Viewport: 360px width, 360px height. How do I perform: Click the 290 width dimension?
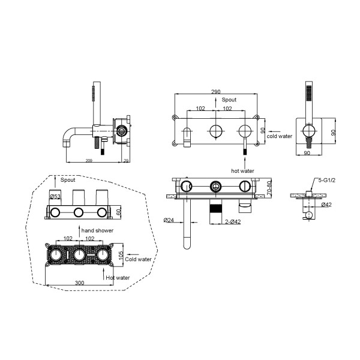(x=215, y=92)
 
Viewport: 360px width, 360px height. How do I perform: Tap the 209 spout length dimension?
(x=89, y=161)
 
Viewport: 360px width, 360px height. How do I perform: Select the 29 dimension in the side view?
(x=126, y=161)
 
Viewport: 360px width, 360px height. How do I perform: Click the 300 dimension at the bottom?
(x=80, y=283)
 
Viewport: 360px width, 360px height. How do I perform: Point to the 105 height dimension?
(x=121, y=255)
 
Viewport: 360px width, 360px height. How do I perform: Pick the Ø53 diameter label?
(x=55, y=197)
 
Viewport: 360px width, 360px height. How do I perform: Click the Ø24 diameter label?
(x=169, y=220)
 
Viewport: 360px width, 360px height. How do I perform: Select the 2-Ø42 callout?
(x=233, y=222)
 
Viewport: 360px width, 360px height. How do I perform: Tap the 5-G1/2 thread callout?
(x=327, y=180)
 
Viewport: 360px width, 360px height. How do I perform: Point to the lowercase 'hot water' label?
(x=242, y=171)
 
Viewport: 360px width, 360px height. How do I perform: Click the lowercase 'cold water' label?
(x=280, y=136)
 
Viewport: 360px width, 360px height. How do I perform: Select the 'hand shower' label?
(x=97, y=230)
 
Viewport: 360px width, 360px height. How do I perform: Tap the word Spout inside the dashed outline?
(x=68, y=180)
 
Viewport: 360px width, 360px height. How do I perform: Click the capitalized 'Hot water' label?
(x=118, y=278)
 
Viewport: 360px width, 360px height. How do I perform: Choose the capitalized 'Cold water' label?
(x=138, y=259)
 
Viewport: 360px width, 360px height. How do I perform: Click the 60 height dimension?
(x=118, y=212)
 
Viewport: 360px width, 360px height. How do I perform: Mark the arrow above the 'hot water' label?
(x=245, y=162)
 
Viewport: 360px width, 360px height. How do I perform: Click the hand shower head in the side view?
(x=94, y=94)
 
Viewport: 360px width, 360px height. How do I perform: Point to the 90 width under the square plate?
(x=307, y=152)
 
